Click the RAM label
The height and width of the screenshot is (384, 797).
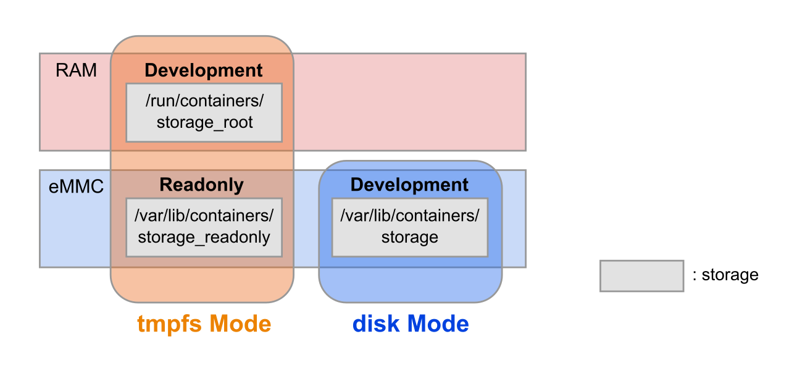[x=76, y=70]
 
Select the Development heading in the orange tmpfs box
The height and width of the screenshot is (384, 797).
[x=204, y=71]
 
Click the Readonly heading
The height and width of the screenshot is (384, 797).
[x=202, y=185]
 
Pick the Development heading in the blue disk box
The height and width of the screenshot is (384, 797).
[x=409, y=185]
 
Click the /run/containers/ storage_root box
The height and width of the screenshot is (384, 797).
[x=204, y=112]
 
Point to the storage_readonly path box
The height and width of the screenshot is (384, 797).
[x=204, y=227]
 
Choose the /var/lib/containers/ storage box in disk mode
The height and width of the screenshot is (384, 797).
[x=410, y=227]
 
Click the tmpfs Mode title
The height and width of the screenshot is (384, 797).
[x=204, y=324]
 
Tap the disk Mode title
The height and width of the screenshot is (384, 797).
[x=411, y=324]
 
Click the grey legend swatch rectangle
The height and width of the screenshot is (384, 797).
[x=641, y=275]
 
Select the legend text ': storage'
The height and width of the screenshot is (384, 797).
[x=725, y=275]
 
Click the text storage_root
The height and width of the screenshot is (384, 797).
[x=204, y=122]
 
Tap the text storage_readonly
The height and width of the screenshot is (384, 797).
[x=204, y=237]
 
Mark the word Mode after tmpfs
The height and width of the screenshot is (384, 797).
[x=240, y=324]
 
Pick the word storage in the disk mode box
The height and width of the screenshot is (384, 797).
[x=410, y=237]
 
